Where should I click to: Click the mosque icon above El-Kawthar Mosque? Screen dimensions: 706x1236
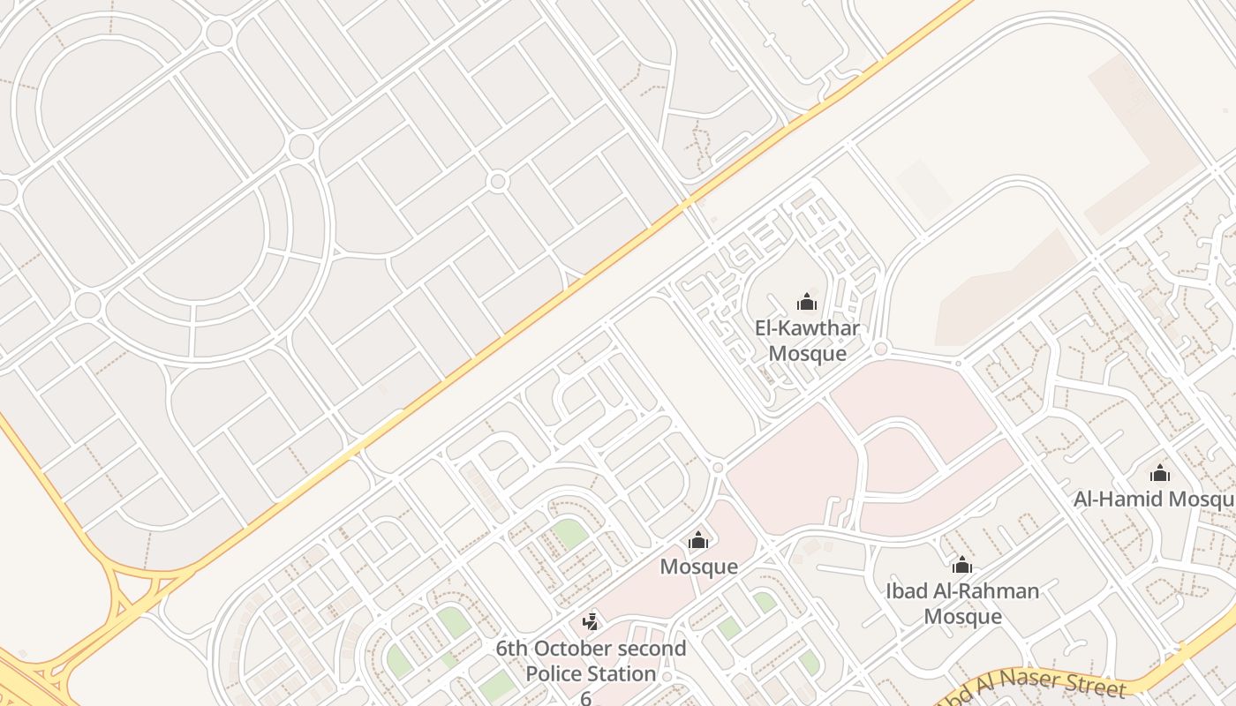tap(807, 303)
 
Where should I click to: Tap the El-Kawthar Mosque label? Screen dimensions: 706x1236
tap(807, 341)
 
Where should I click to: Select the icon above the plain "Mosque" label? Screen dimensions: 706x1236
tap(698, 540)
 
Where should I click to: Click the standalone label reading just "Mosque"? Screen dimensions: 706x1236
tap(698, 566)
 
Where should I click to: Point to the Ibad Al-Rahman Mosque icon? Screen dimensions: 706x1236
tap(962, 565)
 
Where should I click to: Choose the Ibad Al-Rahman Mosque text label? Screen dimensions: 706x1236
tap(962, 603)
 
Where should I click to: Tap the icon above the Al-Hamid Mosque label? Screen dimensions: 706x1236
tap(1160, 474)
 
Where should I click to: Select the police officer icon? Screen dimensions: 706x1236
tap(590, 622)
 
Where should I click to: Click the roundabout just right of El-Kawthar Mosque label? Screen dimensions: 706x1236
tap(880, 349)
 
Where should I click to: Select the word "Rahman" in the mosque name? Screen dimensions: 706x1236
tap(999, 590)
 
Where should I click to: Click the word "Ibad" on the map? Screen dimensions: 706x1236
tap(906, 590)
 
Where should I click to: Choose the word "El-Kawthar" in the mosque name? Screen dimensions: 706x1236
tap(807, 328)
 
